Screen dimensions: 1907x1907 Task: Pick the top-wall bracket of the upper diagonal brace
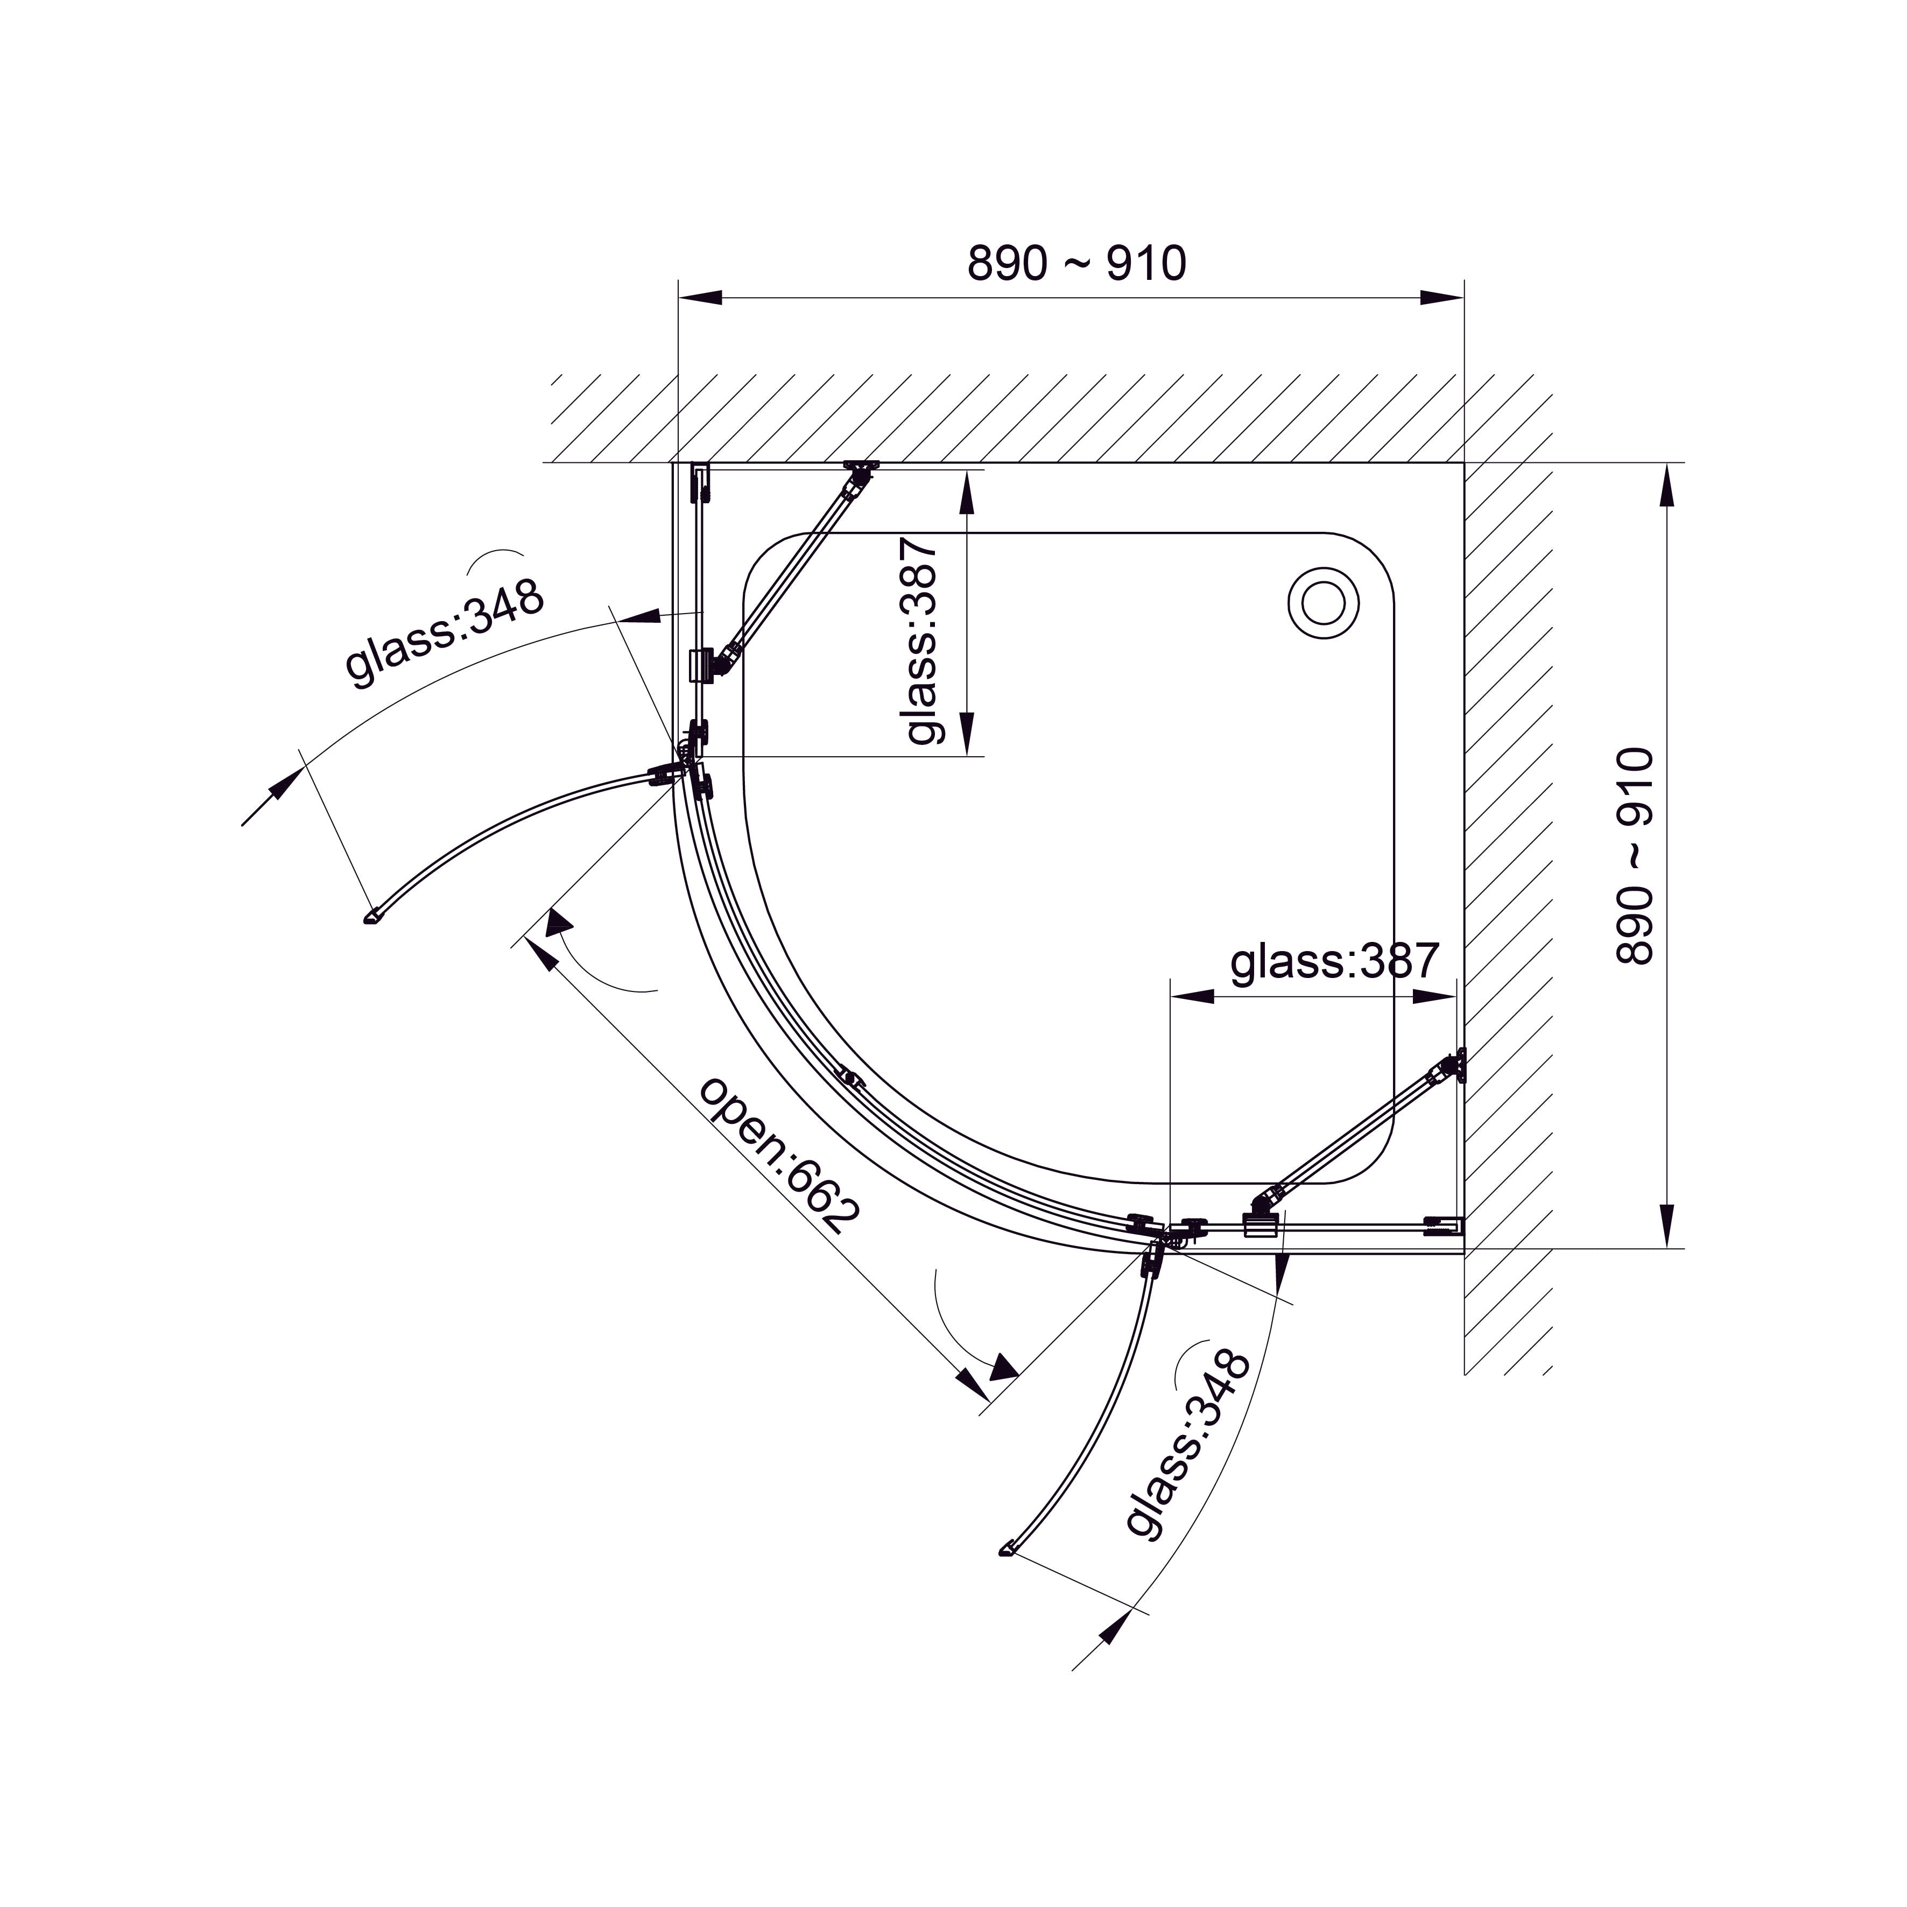pos(861,470)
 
